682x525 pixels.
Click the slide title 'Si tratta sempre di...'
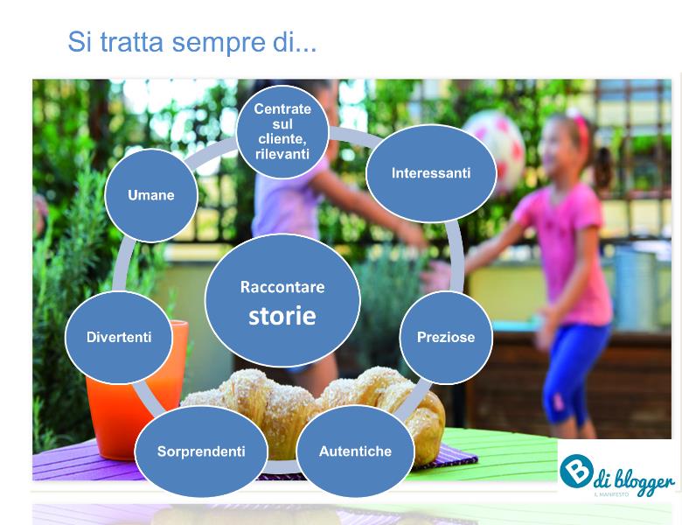click(191, 42)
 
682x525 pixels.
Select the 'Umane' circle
click(151, 195)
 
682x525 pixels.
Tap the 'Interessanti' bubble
click(431, 173)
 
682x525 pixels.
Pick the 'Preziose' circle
click(446, 338)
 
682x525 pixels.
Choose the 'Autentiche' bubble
click(355, 451)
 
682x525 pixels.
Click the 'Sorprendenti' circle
click(201, 451)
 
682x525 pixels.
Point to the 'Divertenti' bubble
click(119, 338)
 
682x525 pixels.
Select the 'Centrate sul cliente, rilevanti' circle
click(282, 131)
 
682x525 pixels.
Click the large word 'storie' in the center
click(282, 316)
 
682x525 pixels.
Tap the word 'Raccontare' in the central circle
click(282, 287)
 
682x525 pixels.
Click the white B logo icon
click(576, 471)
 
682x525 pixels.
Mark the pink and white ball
click(495, 148)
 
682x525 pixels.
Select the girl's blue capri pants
click(574, 370)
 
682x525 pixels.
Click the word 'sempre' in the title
click(218, 44)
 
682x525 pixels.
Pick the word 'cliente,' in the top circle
click(282, 139)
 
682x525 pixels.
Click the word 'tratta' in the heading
click(131, 42)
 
